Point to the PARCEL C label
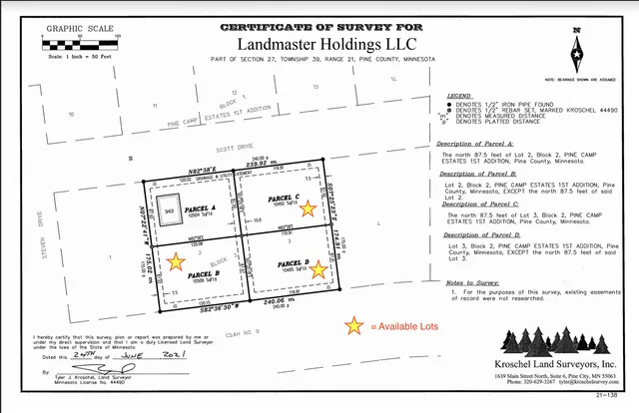coord(285,197)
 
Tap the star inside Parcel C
coord(310,207)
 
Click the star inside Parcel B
coord(176,262)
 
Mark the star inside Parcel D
coord(321,265)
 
